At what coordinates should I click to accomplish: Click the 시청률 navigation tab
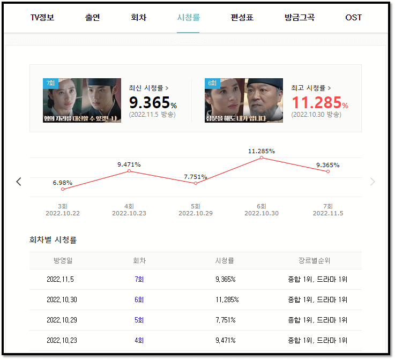click(188, 17)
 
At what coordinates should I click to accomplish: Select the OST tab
click(353, 17)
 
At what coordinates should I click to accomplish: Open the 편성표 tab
click(242, 17)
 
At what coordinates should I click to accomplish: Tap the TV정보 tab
click(42, 17)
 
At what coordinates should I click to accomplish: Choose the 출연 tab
click(92, 17)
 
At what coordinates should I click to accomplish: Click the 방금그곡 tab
click(300, 17)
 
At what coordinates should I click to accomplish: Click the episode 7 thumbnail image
click(82, 101)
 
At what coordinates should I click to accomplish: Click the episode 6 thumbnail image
click(244, 101)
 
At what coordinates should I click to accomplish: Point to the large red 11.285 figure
click(316, 102)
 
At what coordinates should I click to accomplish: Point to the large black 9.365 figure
click(150, 102)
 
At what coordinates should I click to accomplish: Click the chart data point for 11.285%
click(262, 157)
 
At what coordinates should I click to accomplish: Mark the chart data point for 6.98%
click(63, 189)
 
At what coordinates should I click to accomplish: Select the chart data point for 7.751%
click(195, 183)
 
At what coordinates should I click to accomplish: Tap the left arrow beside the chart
click(19, 182)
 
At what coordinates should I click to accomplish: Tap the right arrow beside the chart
click(372, 182)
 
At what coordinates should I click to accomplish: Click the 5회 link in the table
click(139, 320)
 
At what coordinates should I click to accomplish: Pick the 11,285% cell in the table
click(227, 299)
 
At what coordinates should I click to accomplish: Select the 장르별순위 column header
click(315, 261)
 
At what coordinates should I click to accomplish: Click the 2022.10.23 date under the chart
click(129, 213)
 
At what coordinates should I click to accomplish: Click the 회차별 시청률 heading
click(53, 240)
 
